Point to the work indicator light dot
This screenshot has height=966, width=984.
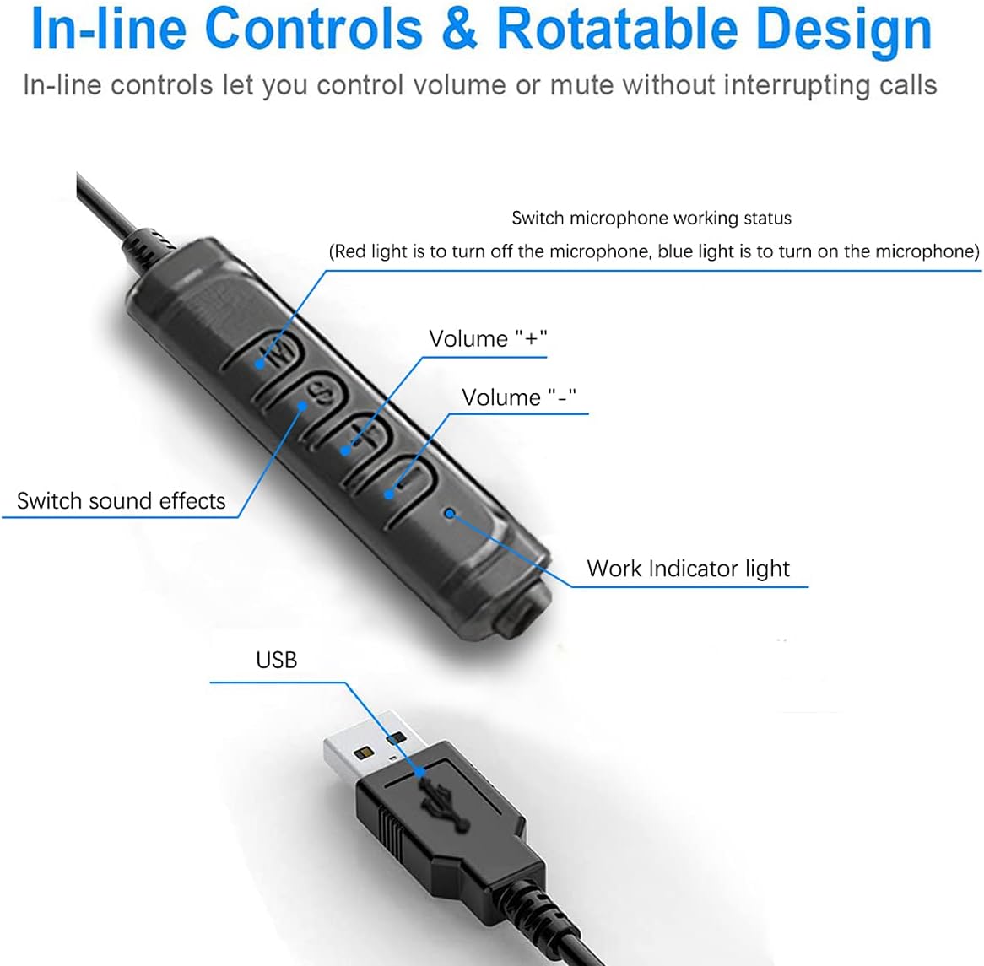pos(450,513)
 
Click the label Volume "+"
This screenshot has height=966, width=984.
pos(488,338)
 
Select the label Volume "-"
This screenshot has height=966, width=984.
pos(518,397)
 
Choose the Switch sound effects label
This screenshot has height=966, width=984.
pos(122,501)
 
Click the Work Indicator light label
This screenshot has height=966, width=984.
pos(688,569)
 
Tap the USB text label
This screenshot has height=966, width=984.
pos(276,660)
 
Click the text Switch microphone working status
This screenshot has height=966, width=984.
pos(651,218)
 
